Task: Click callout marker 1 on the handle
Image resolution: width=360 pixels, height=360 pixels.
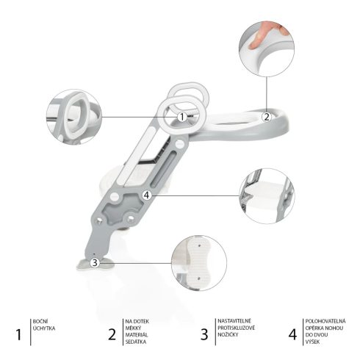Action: [181, 115]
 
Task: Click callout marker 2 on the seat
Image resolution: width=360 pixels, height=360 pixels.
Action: [266, 115]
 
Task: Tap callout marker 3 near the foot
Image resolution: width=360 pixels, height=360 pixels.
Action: [95, 262]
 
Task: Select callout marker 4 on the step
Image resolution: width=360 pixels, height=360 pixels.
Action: [147, 195]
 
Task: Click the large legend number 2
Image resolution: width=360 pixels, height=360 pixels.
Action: [112, 334]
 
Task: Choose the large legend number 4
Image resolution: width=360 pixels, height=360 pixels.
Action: [293, 334]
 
